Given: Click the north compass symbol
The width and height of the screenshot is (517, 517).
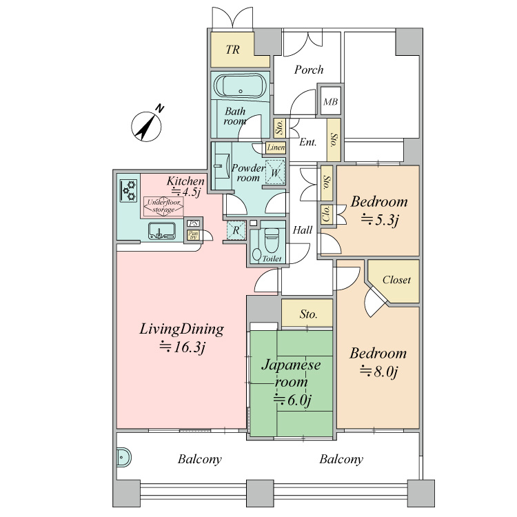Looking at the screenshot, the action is pos(147,126).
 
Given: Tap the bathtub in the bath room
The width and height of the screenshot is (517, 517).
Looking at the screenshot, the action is pos(241,85).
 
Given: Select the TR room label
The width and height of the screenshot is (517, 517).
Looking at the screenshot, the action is pos(232,50).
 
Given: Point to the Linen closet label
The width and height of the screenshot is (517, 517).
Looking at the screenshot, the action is pos(276,148).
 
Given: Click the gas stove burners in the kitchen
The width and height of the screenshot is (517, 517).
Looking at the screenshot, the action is pos(129,190).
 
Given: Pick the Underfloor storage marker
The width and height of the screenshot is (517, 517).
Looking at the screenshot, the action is pos(163,206).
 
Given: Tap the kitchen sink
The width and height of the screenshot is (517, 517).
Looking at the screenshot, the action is pos(161,230).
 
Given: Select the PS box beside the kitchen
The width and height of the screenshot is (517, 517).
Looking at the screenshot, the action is pos(193,223).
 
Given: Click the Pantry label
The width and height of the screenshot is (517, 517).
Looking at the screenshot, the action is pos(193,235).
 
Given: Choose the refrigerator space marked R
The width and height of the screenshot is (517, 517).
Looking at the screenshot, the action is pos(236,230).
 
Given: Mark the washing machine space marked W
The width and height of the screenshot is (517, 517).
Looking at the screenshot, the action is pos(275,172).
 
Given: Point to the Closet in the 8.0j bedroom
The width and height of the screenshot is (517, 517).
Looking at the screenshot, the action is pos(396,280).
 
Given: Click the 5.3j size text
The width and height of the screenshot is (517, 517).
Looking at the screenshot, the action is pos(380,220).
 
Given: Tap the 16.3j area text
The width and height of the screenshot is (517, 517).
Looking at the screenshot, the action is pos(183,347).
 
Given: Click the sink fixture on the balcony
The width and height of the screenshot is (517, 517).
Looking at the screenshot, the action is pos(123,458).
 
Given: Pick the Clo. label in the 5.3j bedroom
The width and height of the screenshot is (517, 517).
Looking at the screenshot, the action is pos(327,214).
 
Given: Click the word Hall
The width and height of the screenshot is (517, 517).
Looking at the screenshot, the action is pos(303,230).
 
